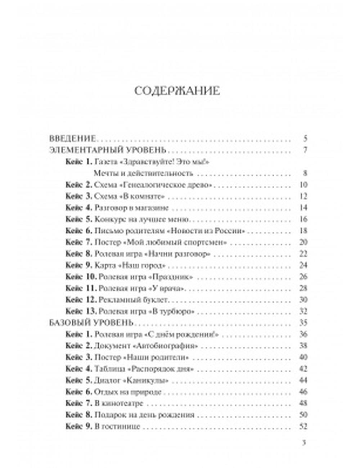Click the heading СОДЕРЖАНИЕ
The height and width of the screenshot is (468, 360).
pos(177,91)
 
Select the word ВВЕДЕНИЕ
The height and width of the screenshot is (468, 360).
pos(72,139)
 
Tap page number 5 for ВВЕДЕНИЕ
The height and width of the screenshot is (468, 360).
pos(305,139)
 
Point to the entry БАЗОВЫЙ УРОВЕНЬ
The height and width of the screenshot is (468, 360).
pos(91,323)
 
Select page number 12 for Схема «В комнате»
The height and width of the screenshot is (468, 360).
pos(303,197)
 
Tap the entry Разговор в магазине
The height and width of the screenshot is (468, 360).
pos(132,208)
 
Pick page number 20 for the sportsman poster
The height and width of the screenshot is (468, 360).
pos(303,243)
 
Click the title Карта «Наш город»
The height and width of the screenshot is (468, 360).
pos(125,266)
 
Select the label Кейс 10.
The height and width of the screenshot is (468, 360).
pos(81,277)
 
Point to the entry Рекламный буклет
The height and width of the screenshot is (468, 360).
pos(133,300)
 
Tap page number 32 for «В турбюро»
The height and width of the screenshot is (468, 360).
pos(303,311)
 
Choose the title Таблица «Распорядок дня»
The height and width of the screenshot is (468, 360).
pos(141,369)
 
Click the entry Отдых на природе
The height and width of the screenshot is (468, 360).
pos(128,392)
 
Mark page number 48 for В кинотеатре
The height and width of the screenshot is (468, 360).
pos(303,404)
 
